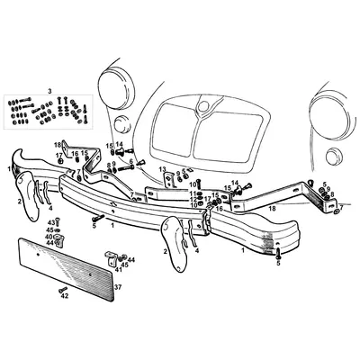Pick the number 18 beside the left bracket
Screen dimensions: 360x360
click(56, 144)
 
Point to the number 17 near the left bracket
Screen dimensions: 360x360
click(58, 156)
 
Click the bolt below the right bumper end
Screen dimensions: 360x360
click(278, 253)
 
